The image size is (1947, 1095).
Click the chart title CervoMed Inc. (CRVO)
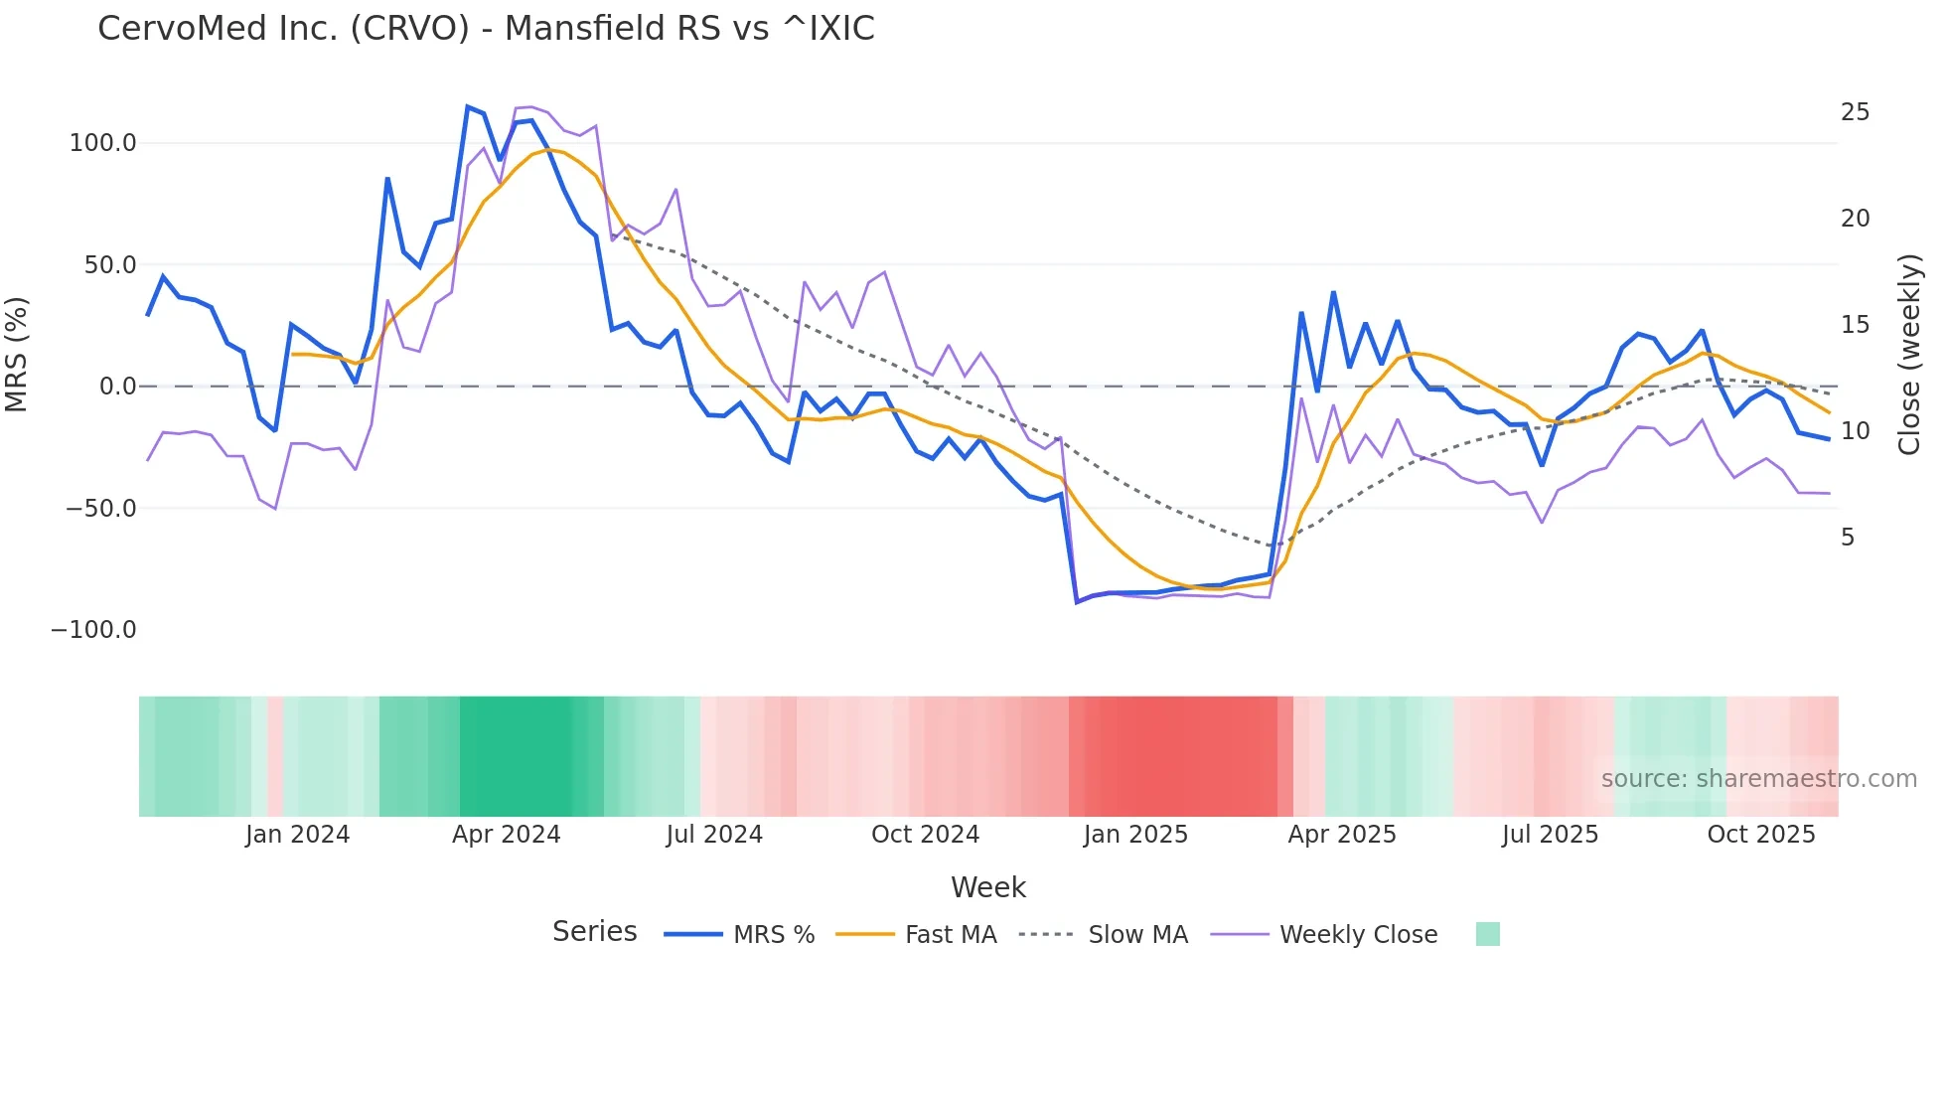tap(486, 29)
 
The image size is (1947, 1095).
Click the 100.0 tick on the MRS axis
tap(102, 143)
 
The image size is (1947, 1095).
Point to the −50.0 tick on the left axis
tap(100, 509)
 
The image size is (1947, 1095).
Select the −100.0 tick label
tap(93, 630)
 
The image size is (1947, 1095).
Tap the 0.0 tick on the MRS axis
tap(117, 387)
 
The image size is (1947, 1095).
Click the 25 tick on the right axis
tap(1855, 112)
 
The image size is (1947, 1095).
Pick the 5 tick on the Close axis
tap(1848, 538)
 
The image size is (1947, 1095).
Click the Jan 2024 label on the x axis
tap(297, 835)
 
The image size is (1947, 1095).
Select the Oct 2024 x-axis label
tap(925, 835)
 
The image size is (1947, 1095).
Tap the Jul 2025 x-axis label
tap(1550, 835)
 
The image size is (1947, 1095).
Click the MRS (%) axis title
tap(17, 355)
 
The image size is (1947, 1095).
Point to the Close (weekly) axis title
tap(1908, 355)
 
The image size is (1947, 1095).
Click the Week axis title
tap(987, 887)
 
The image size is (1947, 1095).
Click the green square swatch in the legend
tap(1487, 934)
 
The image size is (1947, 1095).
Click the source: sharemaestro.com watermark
tap(1758, 779)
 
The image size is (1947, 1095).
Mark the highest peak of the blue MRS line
tap(467, 106)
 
